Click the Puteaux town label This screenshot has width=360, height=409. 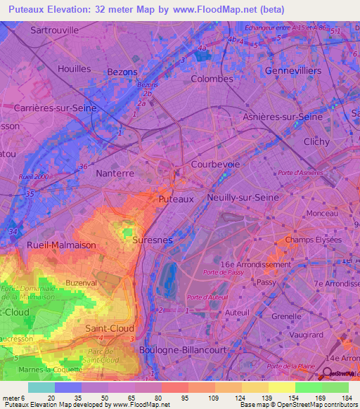176,200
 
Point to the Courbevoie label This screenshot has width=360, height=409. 215,164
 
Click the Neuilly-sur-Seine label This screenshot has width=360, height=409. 243,199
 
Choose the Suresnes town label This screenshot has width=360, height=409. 152,240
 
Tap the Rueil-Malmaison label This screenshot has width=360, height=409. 60,245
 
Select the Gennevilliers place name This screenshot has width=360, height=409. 293,72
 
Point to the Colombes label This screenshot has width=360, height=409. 212,79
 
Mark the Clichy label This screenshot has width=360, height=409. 316,141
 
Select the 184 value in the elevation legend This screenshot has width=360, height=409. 348,398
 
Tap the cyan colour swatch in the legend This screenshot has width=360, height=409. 41,387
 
